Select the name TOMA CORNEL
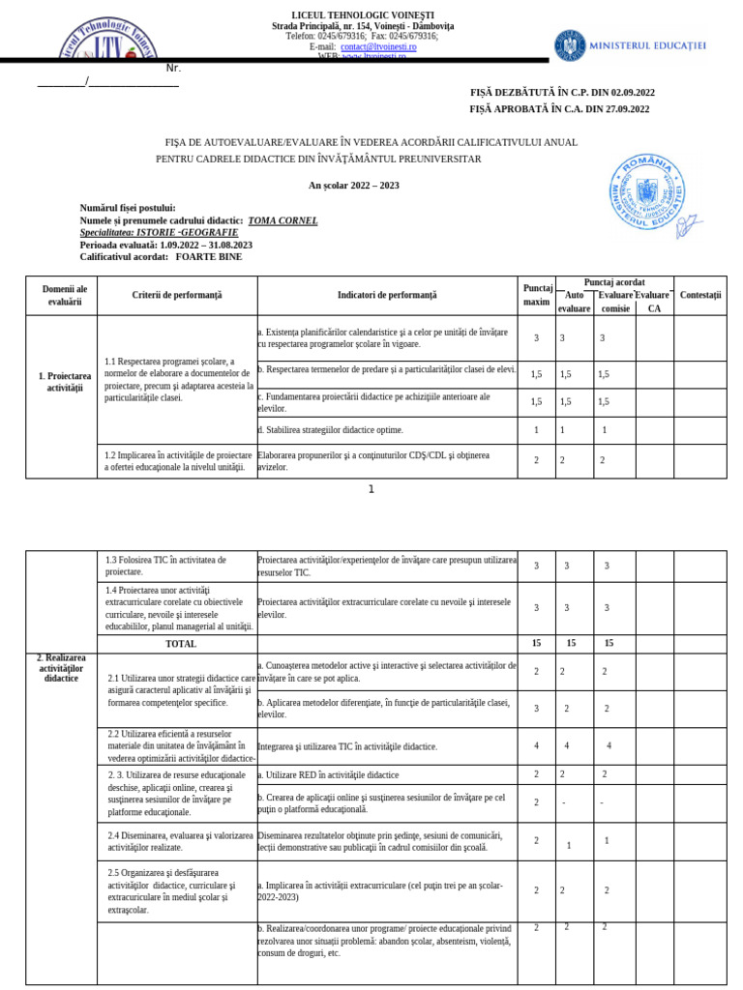(282, 220)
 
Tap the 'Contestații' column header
(700, 295)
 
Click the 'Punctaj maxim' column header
(537, 295)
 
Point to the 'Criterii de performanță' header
(177, 295)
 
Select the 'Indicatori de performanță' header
(387, 295)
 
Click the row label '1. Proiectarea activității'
(65, 381)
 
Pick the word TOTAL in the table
(181, 644)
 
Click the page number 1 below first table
(371, 489)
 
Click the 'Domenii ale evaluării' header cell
(65, 295)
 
